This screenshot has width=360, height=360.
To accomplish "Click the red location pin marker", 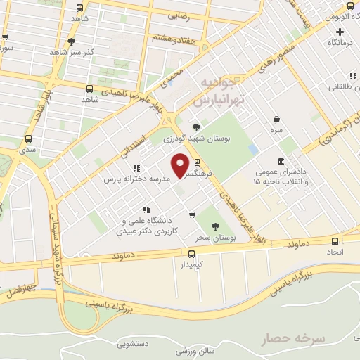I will pos(181,165).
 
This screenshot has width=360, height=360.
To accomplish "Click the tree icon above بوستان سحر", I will pos(216,226).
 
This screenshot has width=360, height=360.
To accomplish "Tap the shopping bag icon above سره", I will pos(278,120).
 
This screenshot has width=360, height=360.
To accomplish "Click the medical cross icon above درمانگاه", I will pos(340,32).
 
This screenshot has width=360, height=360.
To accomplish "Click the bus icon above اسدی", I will pos(28,139).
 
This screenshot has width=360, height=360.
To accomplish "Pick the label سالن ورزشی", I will pos(194,349).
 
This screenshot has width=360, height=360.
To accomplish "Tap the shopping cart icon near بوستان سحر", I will pos(191,215).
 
